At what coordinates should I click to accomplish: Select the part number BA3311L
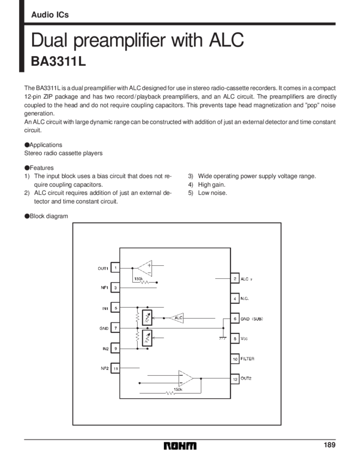[58, 62]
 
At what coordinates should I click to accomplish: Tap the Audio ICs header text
[50, 15]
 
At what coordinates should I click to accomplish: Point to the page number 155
[328, 444]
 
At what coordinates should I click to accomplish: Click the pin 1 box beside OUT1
[115, 267]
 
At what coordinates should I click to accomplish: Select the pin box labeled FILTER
[235, 359]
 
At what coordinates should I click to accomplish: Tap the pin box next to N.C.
[235, 298]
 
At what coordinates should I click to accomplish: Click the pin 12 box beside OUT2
[235, 379]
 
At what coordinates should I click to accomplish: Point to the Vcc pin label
[244, 339]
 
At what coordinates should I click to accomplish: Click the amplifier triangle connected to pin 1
[144, 268]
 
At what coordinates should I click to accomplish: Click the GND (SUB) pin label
[252, 319]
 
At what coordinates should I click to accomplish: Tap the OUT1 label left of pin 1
[103, 268]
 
